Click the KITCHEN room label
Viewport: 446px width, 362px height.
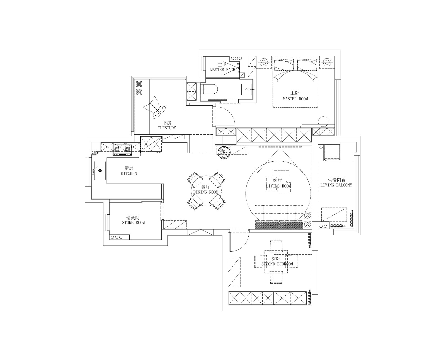coord(129,173)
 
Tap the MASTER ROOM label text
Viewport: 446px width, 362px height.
coord(295,99)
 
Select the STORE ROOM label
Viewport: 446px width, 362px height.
coord(133,223)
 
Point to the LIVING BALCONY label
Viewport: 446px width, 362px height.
coord(336,185)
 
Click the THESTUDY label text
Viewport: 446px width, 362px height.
coord(167,128)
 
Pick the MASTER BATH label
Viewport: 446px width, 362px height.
coord(223,70)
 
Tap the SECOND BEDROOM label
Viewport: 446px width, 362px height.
coord(277,264)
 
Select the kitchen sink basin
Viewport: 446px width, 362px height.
coord(100,171)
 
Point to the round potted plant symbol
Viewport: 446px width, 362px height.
coord(224,153)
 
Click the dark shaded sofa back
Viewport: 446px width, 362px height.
coord(279,225)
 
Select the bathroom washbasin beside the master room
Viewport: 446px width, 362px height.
coord(246,89)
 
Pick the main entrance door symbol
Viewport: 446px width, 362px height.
coord(201,232)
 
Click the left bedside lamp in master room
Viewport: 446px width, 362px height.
coord(263,62)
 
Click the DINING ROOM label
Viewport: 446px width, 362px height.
coord(206,192)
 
